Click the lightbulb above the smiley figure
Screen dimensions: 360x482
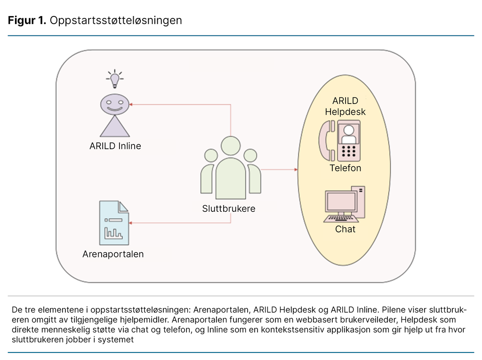point(114,79)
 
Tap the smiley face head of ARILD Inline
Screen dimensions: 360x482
point(115,104)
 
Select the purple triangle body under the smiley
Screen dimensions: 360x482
point(115,127)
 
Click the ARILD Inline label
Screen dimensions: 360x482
point(115,146)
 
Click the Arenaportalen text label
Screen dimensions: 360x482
point(113,254)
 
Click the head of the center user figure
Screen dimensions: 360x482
point(231,146)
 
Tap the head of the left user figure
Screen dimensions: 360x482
point(211,155)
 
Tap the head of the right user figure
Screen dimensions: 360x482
point(250,155)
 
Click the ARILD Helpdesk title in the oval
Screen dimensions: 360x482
point(345,106)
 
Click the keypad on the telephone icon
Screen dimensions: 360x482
point(349,151)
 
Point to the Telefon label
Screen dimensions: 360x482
point(345,168)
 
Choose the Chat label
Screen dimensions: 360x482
point(345,229)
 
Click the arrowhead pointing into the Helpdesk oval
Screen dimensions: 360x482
point(295,169)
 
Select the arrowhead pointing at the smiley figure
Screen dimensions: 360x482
point(132,104)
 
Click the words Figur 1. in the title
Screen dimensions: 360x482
point(26,21)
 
